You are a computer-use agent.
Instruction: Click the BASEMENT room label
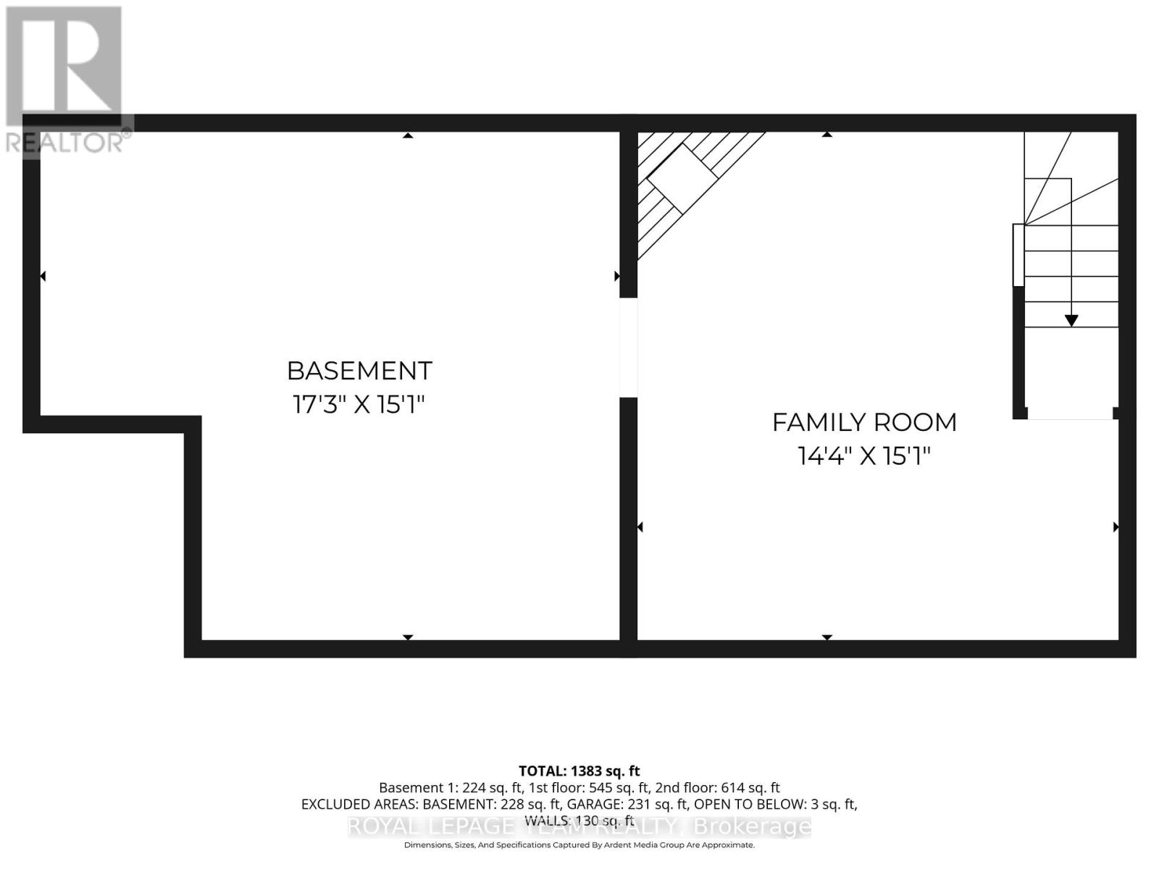click(x=359, y=371)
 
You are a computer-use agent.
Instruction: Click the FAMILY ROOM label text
click(x=864, y=422)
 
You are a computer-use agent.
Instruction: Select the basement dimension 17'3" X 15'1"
click(x=358, y=404)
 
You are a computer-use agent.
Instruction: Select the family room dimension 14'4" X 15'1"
click(x=863, y=456)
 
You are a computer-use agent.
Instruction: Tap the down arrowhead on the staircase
click(x=1071, y=320)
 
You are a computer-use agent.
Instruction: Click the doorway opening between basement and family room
click(x=628, y=348)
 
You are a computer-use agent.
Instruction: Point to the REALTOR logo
click(x=65, y=80)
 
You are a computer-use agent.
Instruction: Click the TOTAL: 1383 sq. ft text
click(x=579, y=771)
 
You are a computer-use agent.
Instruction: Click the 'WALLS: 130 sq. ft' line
click(x=579, y=820)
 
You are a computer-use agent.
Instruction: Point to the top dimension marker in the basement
click(x=408, y=135)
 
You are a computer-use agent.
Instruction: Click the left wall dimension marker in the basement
click(x=43, y=276)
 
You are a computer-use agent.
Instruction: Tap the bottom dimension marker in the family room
click(x=827, y=637)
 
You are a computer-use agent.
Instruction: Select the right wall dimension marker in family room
click(x=1116, y=527)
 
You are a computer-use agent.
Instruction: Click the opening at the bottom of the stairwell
click(x=1070, y=413)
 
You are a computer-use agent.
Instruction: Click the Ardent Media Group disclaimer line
click(x=579, y=845)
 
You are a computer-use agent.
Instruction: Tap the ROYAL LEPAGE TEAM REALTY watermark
click(x=579, y=826)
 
